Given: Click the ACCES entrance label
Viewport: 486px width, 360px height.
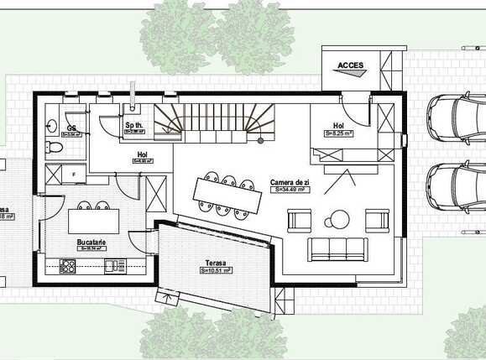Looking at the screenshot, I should click(350, 65).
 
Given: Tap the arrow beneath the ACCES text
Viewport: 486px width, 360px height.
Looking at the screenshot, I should click(350, 74).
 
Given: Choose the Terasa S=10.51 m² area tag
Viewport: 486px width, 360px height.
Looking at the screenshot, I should click(217, 271).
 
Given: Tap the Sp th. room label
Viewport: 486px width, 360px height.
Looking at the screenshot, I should click(134, 125).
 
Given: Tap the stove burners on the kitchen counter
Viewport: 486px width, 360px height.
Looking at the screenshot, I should click(67, 266).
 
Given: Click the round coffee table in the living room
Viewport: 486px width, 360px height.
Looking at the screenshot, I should click(338, 220).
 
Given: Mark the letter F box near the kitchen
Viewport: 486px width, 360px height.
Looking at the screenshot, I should click(75, 174).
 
